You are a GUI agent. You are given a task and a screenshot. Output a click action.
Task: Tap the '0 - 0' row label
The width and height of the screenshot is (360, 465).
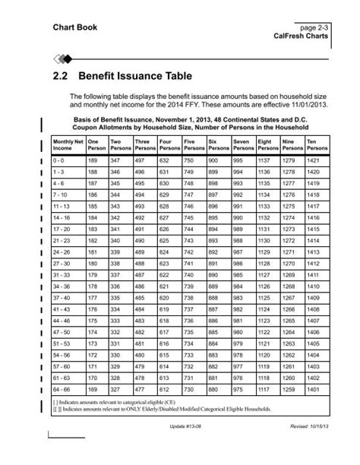tap(58, 161)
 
